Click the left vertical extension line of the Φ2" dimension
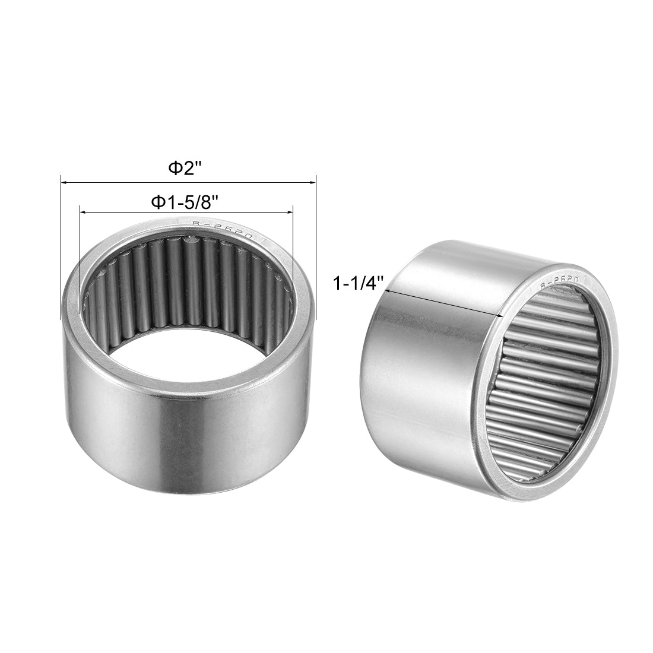61,249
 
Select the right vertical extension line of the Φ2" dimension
316,249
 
